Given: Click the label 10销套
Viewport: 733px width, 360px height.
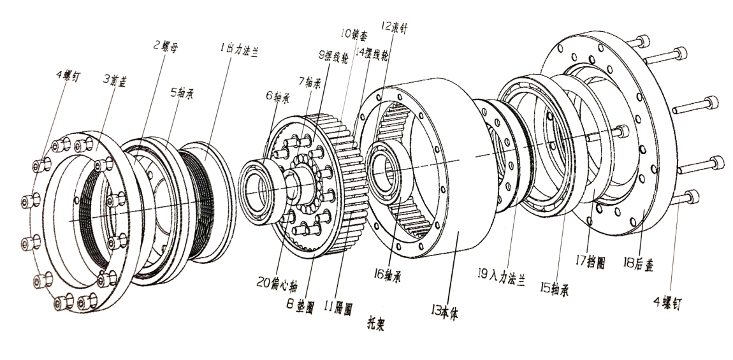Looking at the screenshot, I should tap(352, 33).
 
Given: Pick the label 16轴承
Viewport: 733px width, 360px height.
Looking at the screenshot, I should tap(391, 276).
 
